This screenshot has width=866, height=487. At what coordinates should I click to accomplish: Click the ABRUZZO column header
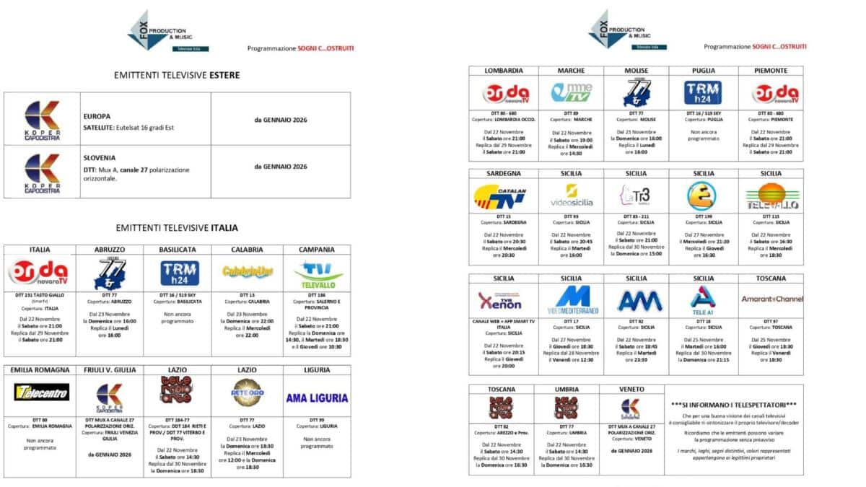click(x=109, y=250)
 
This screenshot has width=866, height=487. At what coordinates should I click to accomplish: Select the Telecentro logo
click(x=42, y=392)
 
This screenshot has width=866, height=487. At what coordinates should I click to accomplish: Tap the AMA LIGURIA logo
click(x=317, y=398)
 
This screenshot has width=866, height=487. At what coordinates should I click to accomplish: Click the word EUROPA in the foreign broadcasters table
click(x=97, y=115)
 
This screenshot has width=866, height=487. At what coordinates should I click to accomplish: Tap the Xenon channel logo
click(x=499, y=299)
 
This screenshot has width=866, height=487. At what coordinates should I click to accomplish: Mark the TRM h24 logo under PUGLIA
click(x=702, y=92)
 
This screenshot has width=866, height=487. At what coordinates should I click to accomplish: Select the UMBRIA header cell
click(x=567, y=389)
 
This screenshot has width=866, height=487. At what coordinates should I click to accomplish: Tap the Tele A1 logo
click(x=702, y=298)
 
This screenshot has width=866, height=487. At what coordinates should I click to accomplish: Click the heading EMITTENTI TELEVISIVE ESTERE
click(x=177, y=75)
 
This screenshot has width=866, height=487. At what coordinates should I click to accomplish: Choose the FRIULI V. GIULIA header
click(x=109, y=370)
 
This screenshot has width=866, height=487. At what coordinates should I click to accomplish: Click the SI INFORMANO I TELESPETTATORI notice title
click(x=733, y=404)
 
